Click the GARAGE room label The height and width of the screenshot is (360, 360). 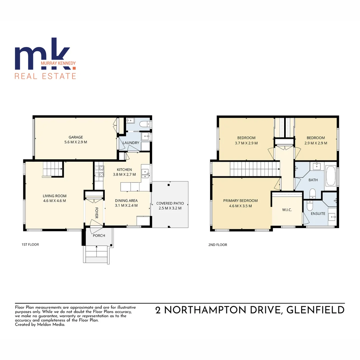point(76,137)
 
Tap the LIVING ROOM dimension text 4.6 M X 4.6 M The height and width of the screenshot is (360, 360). point(54,201)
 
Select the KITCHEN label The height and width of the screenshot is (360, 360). point(124,169)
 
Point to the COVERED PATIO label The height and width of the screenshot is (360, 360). point(170,203)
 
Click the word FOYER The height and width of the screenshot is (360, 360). point(97,212)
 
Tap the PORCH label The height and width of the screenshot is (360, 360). point(99,236)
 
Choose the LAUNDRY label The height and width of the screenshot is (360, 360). point(131,143)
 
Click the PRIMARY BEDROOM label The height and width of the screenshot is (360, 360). point(240,201)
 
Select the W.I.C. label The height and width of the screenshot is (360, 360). point(287,210)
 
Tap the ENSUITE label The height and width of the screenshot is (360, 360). point(318,213)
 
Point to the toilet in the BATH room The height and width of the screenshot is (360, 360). point(313,194)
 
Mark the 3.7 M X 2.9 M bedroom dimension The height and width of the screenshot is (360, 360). point(246,143)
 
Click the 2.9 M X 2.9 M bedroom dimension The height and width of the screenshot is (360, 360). point(316,143)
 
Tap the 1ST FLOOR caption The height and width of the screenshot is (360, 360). point(30,245)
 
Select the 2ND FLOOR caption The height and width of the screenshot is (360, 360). point(218,245)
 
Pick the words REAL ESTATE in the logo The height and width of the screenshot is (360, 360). point(45,76)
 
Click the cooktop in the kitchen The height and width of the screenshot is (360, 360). point(99,171)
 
